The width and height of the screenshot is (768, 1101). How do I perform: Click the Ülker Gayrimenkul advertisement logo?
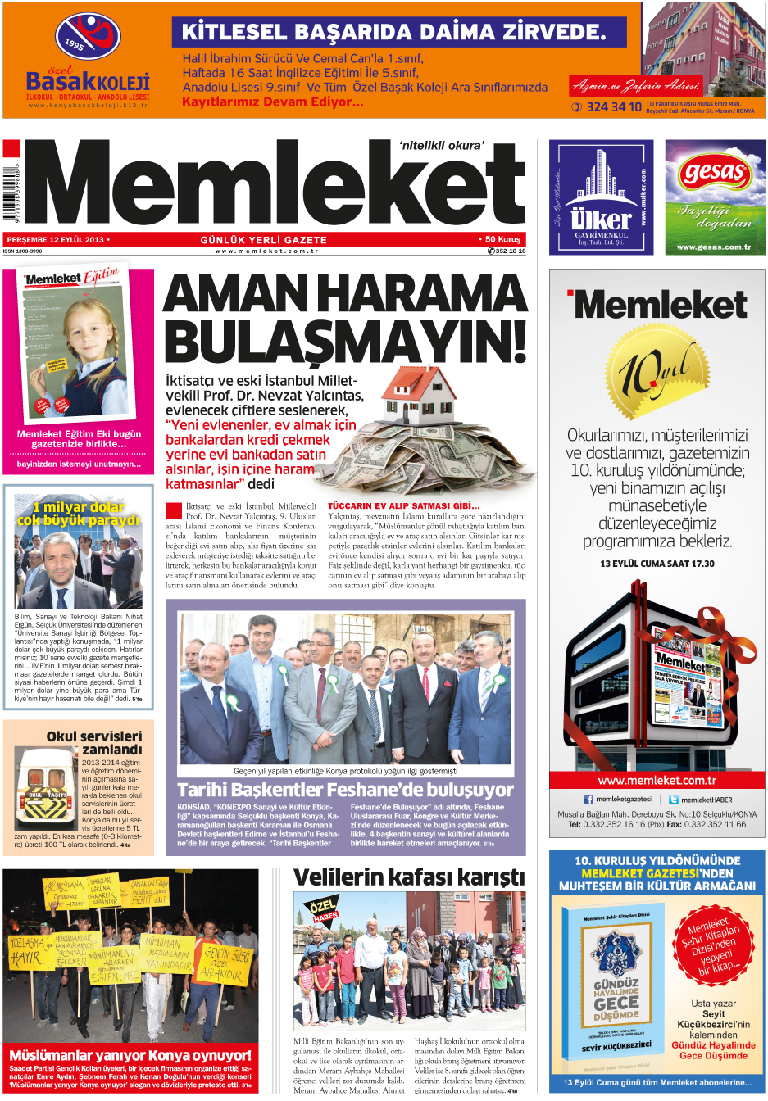tap(601, 197)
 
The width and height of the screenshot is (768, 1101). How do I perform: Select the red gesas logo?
tap(715, 173)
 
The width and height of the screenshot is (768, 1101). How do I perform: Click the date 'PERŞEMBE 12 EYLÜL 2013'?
tap(56, 240)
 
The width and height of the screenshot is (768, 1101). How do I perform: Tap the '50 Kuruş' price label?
tap(501, 239)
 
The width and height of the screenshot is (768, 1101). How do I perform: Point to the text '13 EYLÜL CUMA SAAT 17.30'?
tap(657, 564)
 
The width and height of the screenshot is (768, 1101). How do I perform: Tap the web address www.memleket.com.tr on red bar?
tap(657, 780)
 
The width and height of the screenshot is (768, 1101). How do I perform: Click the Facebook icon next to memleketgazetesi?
tap(588, 800)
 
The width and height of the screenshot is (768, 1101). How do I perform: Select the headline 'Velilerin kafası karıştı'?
tap(408, 877)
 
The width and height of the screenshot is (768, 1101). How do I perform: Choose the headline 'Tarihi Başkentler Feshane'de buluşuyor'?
tap(345, 791)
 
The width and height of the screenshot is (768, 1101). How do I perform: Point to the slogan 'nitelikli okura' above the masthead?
tap(441, 145)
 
